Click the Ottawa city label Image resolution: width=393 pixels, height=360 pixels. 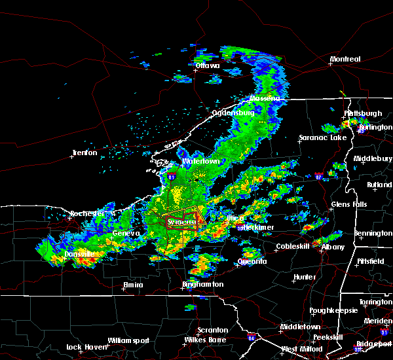pos(208,65)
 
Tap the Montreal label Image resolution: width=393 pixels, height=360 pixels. pos(345,60)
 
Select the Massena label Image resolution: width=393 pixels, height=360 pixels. pos(264,99)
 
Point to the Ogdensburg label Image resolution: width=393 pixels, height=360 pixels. pos(233,113)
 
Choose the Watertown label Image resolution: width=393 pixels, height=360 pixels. pos(200,161)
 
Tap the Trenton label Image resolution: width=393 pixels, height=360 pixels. pos(84,153)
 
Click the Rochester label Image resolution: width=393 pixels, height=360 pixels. pos(88,214)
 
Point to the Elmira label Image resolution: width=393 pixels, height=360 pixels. pos(133,285)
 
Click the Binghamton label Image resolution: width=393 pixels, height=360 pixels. pos(203,285)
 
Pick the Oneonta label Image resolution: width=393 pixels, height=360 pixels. pos(252,262)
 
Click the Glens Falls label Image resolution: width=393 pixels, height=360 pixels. pos(349,205)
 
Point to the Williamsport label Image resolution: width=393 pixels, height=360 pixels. pos(129,340)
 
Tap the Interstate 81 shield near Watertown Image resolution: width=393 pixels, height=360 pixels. pos(172,177)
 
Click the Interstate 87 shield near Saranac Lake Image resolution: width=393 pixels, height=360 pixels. pos(318,177)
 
